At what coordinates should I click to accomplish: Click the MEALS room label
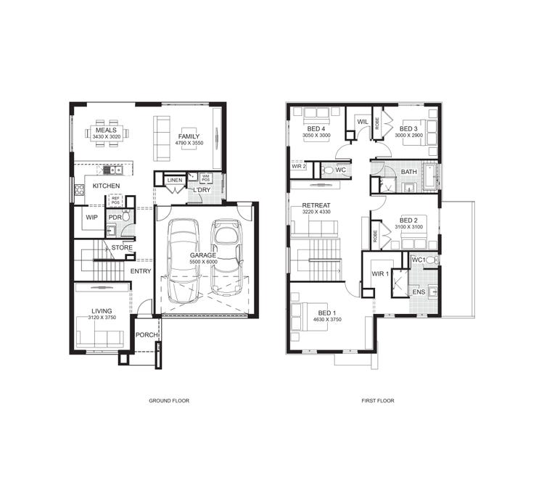tap(107, 130)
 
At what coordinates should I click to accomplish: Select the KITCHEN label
tap(106, 186)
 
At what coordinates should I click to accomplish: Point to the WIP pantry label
tap(91, 217)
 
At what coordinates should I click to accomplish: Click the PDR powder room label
tap(114, 217)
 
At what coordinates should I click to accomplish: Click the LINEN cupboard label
tap(174, 180)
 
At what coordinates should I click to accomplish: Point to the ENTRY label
tap(140, 271)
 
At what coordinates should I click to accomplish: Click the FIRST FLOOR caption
tap(377, 400)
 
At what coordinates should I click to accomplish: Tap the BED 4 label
tap(316, 128)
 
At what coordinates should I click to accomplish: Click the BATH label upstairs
tap(408, 172)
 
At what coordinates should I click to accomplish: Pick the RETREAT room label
tap(316, 205)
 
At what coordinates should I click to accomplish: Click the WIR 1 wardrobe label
tap(381, 273)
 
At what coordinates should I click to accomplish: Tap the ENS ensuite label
tap(419, 292)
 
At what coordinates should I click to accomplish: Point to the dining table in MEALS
tap(107, 133)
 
